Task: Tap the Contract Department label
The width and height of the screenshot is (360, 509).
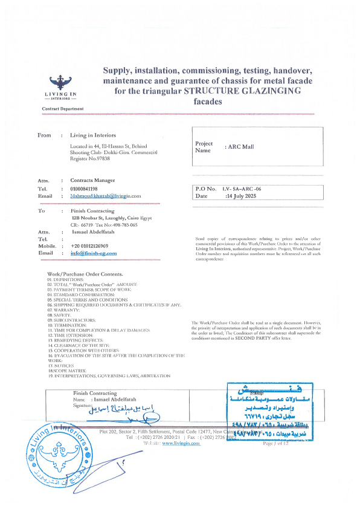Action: click(63, 109)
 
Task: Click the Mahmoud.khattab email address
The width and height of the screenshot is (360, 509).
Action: click(105, 196)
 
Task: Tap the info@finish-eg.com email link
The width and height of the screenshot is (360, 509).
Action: click(94, 253)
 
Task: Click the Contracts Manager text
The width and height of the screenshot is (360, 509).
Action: click(92, 181)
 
